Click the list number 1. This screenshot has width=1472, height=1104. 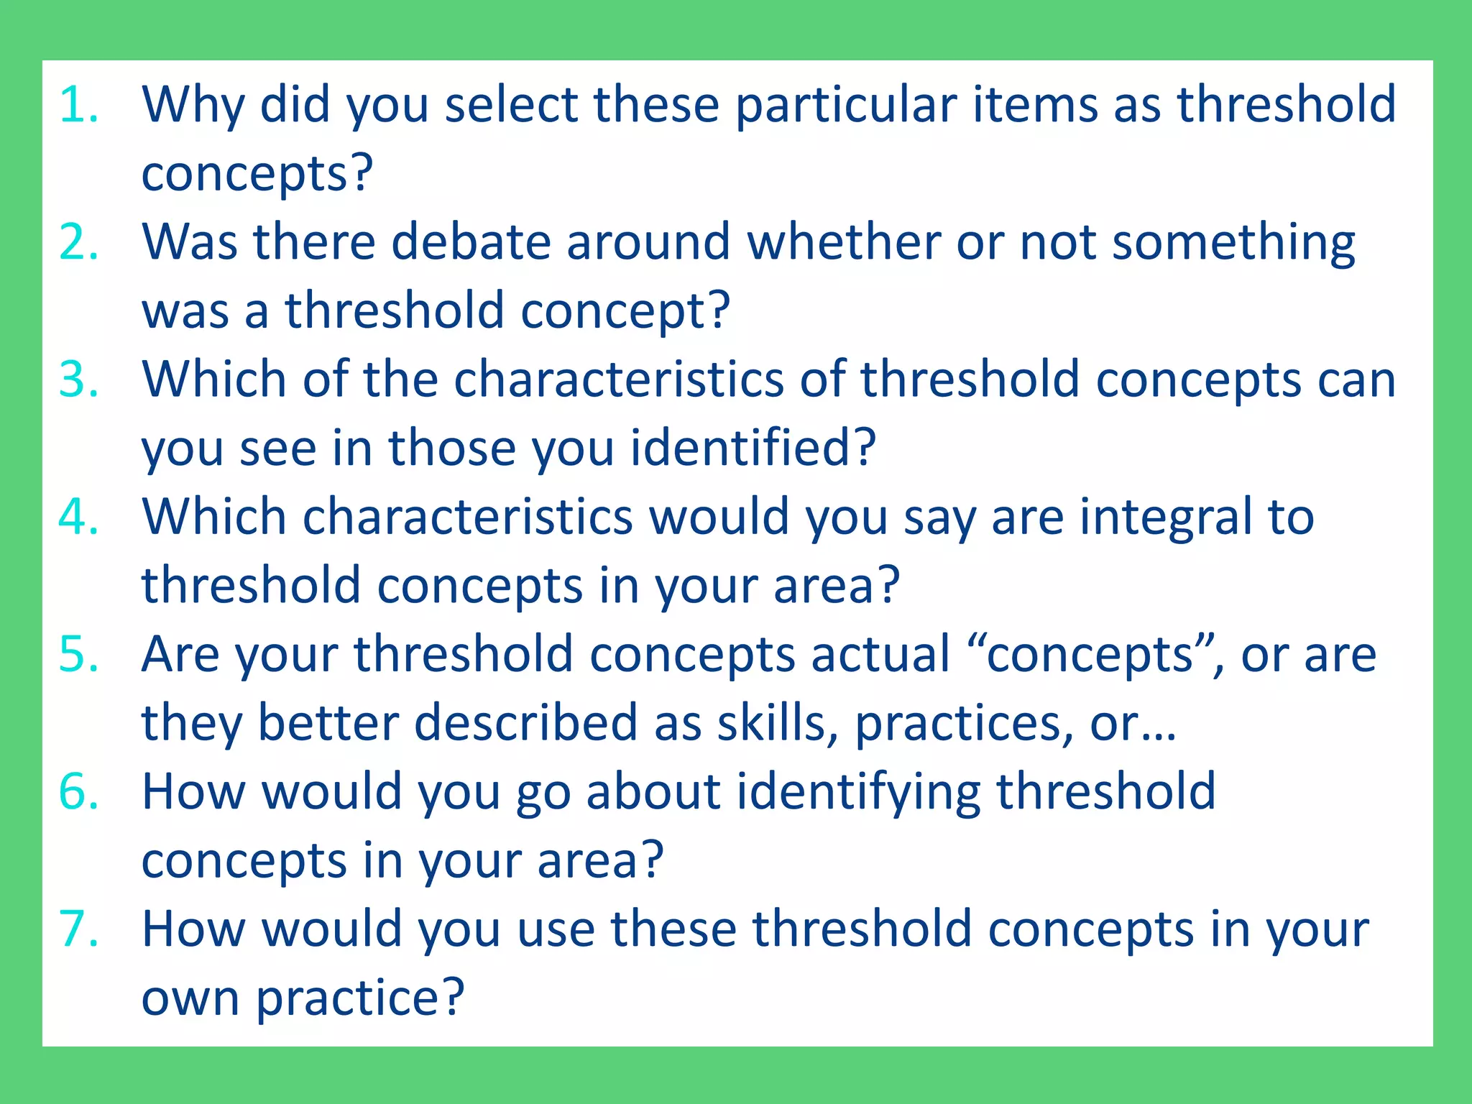pos(78,105)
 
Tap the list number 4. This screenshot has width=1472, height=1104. pos(78,517)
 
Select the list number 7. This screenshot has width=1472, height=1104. pos(78,929)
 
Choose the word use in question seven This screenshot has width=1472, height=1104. pos(556,929)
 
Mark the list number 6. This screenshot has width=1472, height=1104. pos(78,791)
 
